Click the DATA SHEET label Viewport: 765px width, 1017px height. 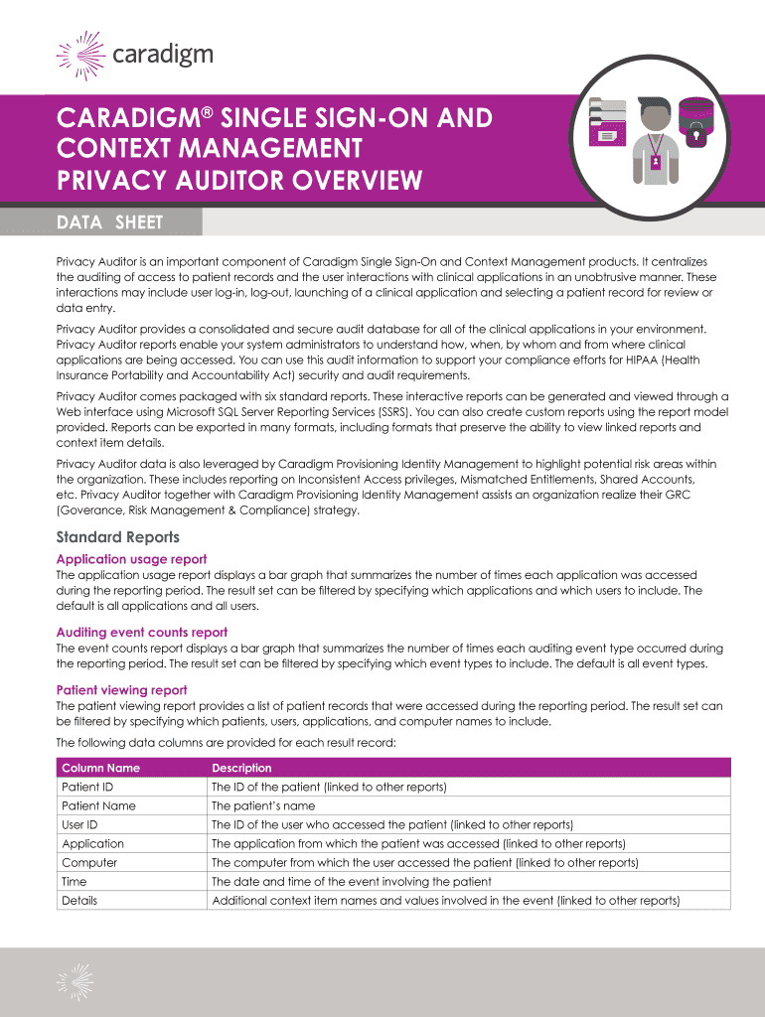[x=109, y=222]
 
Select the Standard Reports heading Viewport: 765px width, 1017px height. [x=118, y=537]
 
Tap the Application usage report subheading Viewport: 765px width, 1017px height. [x=131, y=559]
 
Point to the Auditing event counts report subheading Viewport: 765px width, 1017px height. [x=142, y=632]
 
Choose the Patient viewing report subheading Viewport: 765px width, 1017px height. [x=121, y=689]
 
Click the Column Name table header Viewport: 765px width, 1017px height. [x=100, y=768]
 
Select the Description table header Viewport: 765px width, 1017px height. [x=241, y=768]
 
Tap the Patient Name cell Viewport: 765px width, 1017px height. [x=98, y=805]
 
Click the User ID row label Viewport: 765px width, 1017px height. [x=79, y=824]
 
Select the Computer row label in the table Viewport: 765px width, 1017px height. [x=89, y=862]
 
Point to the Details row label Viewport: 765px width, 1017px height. [x=79, y=900]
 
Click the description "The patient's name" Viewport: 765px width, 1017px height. [x=263, y=805]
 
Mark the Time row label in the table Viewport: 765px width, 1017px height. [x=75, y=881]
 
